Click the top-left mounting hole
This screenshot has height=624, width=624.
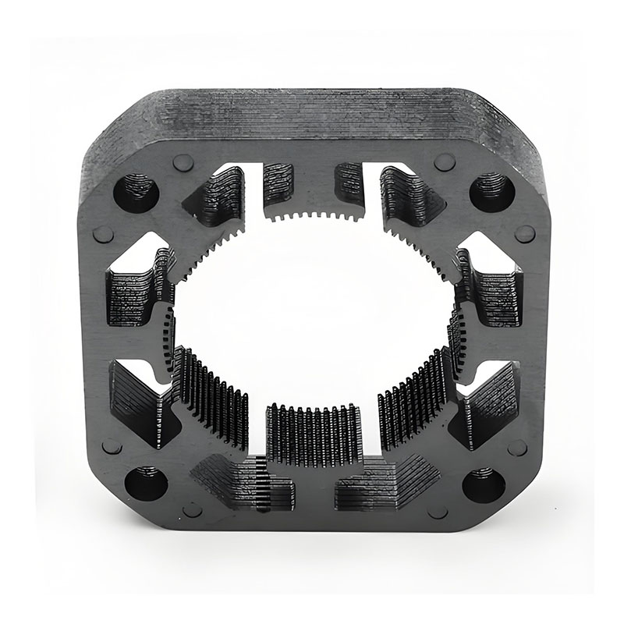(136, 192)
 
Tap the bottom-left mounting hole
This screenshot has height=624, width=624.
(145, 483)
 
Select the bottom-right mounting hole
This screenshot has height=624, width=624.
(483, 484)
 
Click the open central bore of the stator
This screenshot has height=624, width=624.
(312, 312)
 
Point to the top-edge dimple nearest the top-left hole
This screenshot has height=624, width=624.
(183, 162)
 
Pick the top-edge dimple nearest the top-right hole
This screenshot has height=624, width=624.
(445, 161)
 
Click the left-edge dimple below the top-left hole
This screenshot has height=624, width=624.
(103, 234)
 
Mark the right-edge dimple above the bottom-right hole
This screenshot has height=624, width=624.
(516, 447)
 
